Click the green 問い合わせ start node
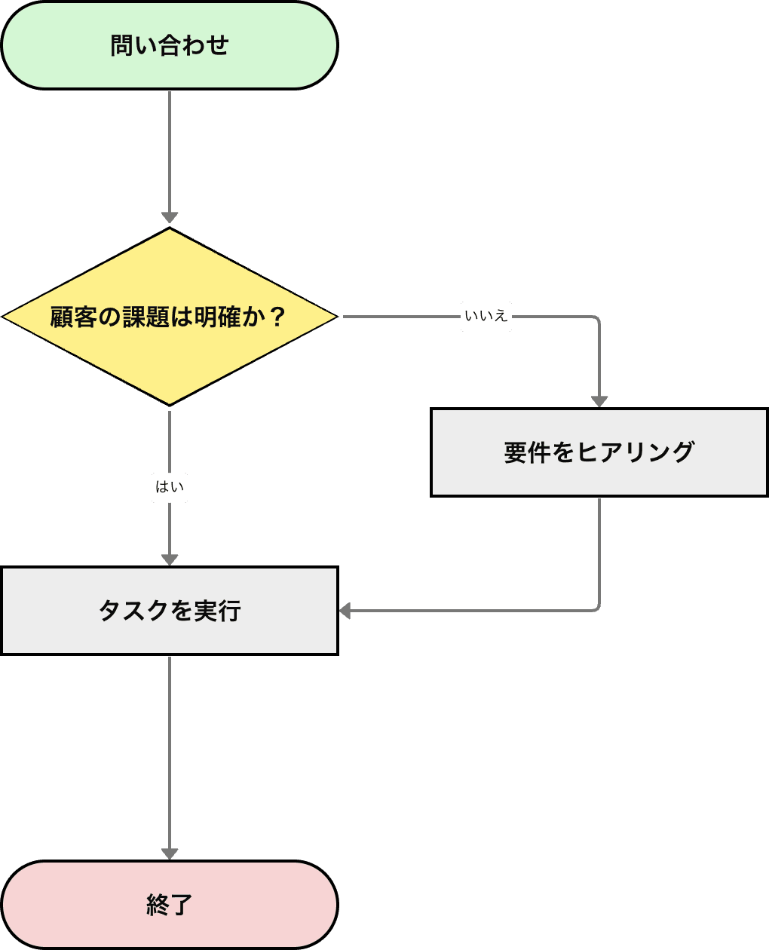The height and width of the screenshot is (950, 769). click(170, 45)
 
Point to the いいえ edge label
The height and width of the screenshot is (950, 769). click(486, 317)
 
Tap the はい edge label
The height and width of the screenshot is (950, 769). click(170, 487)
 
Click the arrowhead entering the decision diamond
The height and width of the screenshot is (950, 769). click(170, 219)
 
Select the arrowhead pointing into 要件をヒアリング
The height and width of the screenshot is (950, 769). click(599, 400)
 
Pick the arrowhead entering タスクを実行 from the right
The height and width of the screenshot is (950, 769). click(346, 611)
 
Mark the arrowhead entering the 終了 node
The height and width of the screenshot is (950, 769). click(170, 853)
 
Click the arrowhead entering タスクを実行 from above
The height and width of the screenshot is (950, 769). click(170, 559)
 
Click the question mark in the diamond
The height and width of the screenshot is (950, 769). click(277, 317)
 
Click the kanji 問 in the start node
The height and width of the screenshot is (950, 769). click(121, 45)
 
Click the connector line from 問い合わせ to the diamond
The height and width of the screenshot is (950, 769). click(170, 151)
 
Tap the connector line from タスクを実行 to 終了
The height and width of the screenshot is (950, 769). click(170, 754)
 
